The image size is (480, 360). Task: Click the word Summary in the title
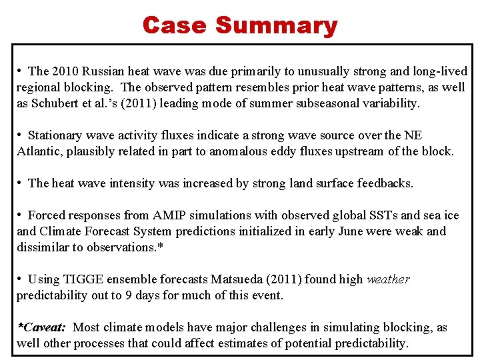tap(276, 25)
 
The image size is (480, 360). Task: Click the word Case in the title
tap(175, 25)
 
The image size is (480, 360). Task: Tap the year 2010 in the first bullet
tap(64, 71)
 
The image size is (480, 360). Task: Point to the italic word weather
tap(389, 279)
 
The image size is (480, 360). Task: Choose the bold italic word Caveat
tap(43, 327)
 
